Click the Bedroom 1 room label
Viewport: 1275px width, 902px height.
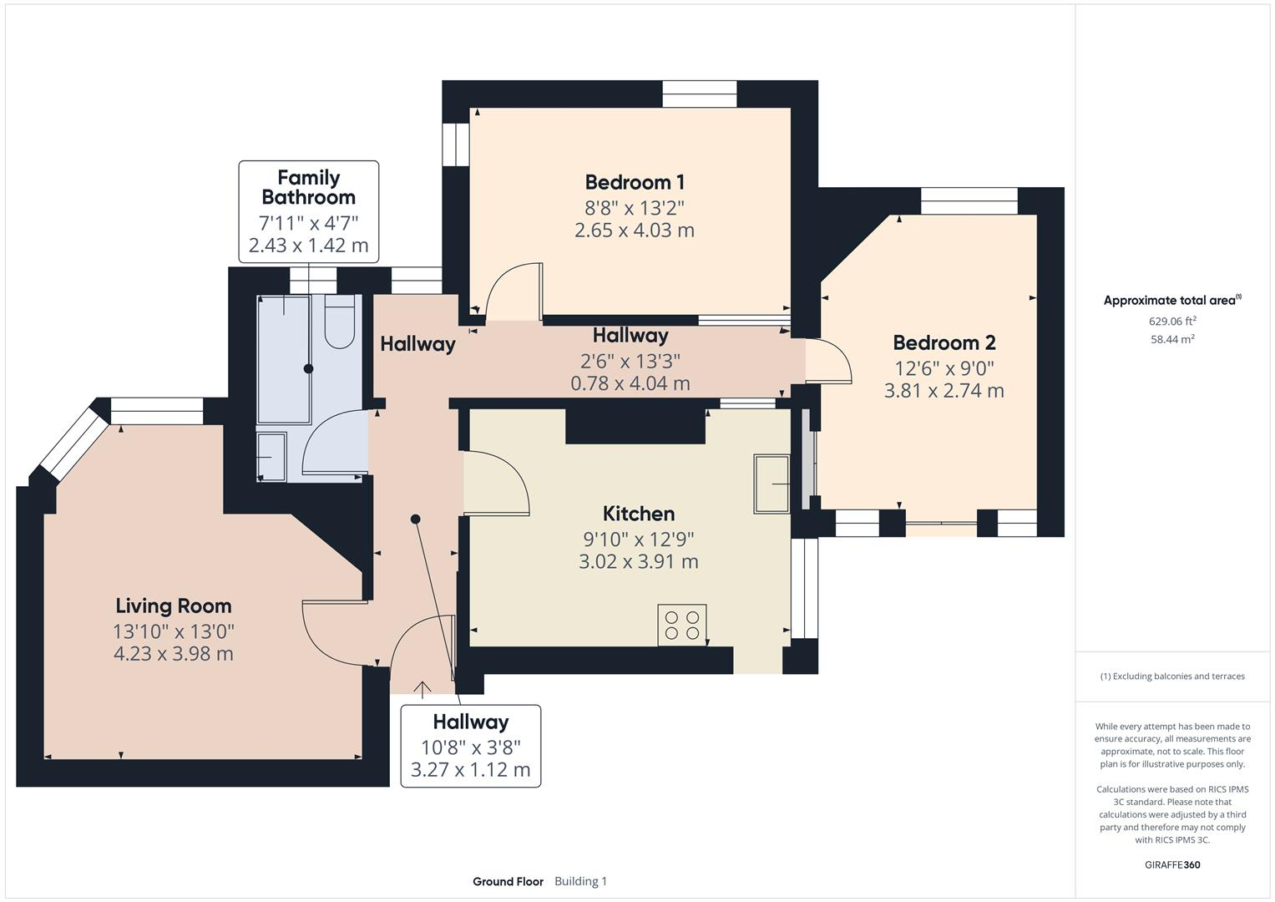(635, 182)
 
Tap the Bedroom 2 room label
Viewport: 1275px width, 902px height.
(944, 342)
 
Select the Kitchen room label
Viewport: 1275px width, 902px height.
(639, 514)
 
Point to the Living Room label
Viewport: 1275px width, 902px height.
(174, 606)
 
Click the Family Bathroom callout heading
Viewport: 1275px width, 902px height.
(308, 187)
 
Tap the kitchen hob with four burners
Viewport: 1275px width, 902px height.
(681, 625)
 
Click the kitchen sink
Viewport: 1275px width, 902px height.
(771, 484)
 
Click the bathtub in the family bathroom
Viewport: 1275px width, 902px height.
(284, 359)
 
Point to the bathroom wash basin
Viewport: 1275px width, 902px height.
(271, 457)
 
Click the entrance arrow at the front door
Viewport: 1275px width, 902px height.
(422, 689)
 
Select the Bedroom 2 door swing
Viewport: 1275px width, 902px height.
(829, 361)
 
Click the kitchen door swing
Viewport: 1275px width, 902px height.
(496, 483)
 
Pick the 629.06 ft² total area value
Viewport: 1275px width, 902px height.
(1172, 321)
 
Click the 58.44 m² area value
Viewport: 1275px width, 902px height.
(1172, 339)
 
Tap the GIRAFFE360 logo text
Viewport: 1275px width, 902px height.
(1172, 864)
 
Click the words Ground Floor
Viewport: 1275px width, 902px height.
(508, 881)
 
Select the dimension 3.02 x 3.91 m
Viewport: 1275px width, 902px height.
(639, 561)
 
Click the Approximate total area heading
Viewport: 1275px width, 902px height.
(1171, 301)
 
